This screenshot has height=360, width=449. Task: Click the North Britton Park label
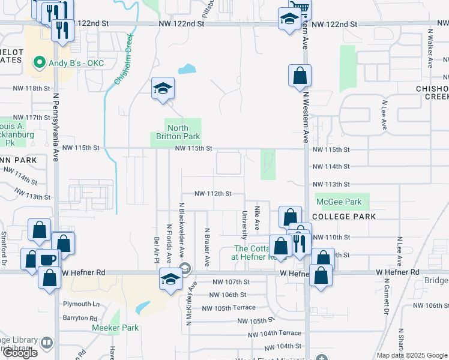tap(178, 133)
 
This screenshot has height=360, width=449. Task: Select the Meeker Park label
tap(116, 328)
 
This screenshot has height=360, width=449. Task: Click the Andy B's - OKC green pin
tap(40, 62)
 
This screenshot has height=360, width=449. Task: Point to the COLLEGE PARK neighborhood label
tap(345, 217)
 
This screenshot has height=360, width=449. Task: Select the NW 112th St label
tap(212, 194)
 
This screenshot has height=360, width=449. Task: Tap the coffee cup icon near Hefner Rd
tap(47, 260)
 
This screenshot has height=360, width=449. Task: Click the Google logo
tap(20, 353)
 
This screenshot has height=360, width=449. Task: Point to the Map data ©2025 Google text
tap(412, 355)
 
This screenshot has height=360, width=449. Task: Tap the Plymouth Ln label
tap(79, 304)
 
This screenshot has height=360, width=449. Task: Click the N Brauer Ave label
tap(207, 247)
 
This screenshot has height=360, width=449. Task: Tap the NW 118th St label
tap(31, 88)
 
